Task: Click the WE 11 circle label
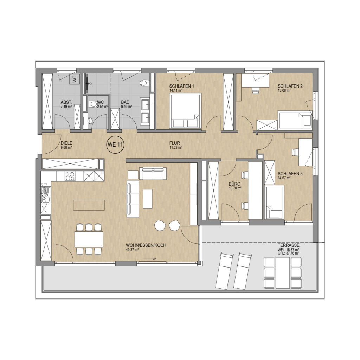click(x=115, y=144)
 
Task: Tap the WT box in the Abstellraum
click(x=75, y=79)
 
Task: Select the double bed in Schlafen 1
click(x=185, y=110)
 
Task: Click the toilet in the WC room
click(x=93, y=104)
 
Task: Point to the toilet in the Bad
click(x=144, y=83)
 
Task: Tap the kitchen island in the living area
click(x=89, y=205)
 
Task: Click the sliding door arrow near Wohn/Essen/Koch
click(x=149, y=259)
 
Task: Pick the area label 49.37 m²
click(x=132, y=250)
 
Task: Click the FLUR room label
click(x=175, y=143)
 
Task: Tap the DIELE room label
click(x=66, y=143)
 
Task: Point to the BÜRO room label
click(x=234, y=184)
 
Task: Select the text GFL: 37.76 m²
click(x=288, y=253)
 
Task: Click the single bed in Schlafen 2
click(x=295, y=120)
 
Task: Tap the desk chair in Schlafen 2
click(x=255, y=90)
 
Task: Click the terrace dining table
click(x=283, y=273)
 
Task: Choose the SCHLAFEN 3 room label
click(x=290, y=174)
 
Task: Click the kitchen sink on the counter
click(x=45, y=199)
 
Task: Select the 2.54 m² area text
click(x=103, y=107)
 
